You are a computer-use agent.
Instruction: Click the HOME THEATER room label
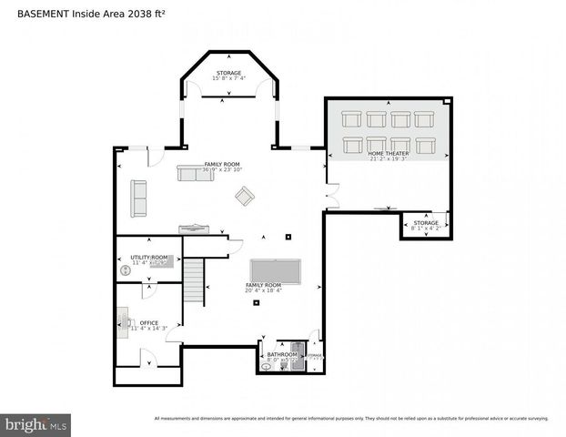point(388,154)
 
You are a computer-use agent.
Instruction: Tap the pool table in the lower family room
point(274,270)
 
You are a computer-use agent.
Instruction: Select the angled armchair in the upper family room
point(245,196)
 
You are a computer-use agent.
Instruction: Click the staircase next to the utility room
point(195,279)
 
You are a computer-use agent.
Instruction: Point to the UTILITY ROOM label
point(149,258)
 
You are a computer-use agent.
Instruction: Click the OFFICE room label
point(148,322)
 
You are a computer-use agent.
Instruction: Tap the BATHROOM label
point(281,354)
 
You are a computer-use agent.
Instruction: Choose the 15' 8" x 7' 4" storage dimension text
point(229,78)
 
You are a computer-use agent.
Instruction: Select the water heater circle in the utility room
point(126,270)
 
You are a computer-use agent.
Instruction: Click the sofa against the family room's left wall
point(138,198)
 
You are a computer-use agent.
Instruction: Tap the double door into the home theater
point(332,195)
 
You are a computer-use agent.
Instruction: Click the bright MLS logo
point(36,424)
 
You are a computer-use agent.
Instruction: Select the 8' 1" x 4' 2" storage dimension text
point(425,229)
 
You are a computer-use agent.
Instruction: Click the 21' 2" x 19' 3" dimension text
point(388,160)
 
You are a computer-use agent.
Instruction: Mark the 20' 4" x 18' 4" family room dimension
point(263,290)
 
